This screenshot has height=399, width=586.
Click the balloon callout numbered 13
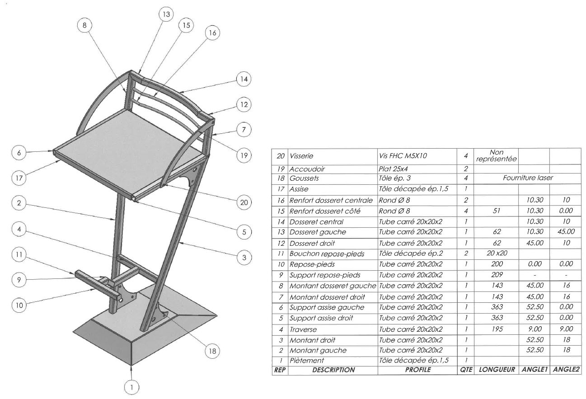tap(167, 14)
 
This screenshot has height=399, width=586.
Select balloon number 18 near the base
tap(211, 350)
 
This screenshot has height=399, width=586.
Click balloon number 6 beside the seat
tap(19, 153)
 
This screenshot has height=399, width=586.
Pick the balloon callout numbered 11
tap(19, 255)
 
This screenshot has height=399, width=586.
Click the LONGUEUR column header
tap(497, 370)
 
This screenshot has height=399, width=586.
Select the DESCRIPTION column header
tap(333, 370)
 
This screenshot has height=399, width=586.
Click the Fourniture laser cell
tap(528, 178)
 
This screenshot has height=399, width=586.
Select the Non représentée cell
tap(496, 156)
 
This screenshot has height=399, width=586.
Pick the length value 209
tap(497, 275)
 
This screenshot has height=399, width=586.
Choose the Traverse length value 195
tap(497, 329)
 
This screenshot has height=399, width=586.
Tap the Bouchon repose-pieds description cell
tap(327, 254)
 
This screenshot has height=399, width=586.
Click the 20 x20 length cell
tap(496, 254)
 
